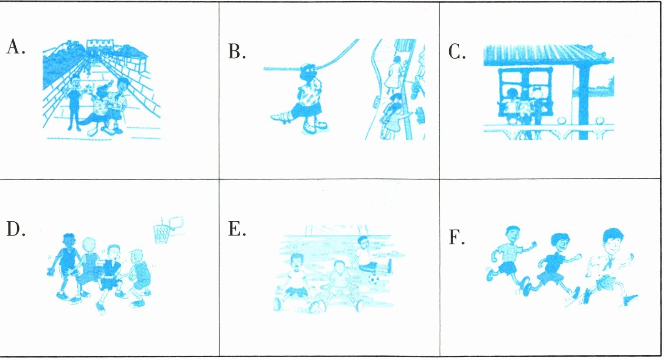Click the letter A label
15,47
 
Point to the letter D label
16,228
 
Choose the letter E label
237,228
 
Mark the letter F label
456,237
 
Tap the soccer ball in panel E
374,278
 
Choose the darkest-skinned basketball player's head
69,240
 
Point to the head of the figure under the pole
309,71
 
